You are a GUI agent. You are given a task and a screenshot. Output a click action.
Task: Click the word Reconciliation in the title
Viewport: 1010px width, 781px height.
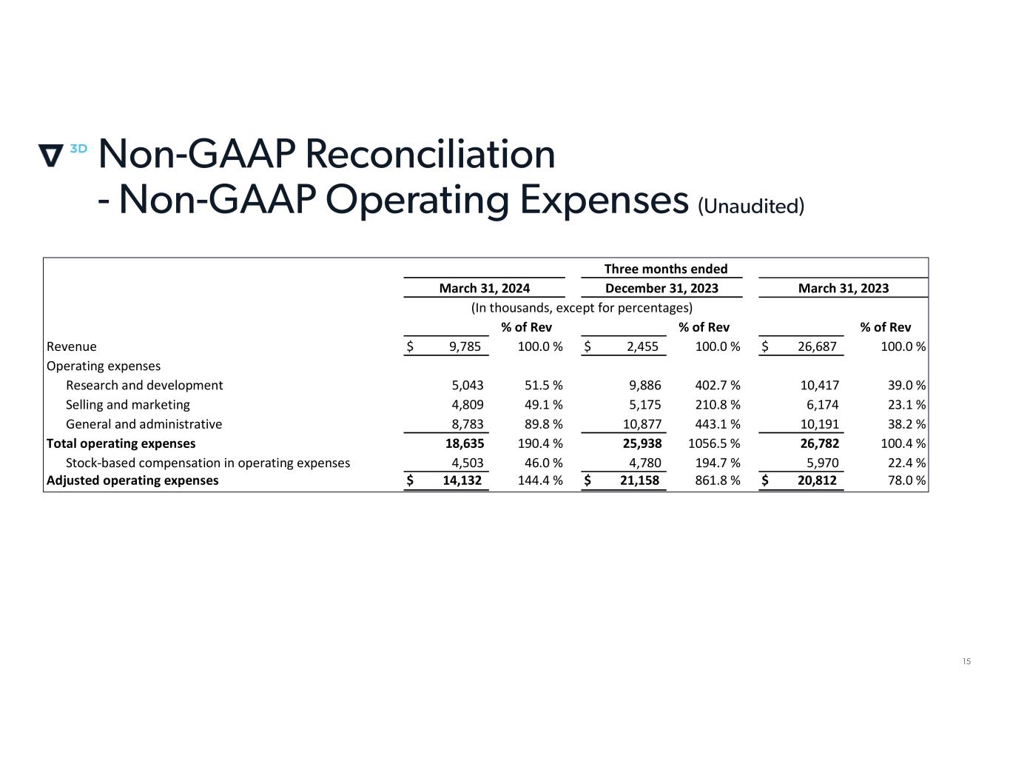tap(429, 154)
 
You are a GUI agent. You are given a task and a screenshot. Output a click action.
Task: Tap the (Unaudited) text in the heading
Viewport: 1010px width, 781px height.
tap(750, 206)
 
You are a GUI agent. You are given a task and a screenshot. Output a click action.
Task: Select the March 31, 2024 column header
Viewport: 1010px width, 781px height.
tap(484, 288)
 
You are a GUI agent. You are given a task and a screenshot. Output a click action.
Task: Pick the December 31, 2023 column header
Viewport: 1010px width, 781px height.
tap(661, 288)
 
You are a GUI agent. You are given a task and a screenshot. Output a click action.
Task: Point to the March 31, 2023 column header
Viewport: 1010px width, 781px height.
tap(843, 288)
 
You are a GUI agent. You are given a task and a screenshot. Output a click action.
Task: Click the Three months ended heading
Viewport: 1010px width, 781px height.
tap(665, 269)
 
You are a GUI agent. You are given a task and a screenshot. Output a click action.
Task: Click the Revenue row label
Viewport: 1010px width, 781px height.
tap(72, 346)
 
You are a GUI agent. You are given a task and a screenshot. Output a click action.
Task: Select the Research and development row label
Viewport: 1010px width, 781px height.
tap(144, 385)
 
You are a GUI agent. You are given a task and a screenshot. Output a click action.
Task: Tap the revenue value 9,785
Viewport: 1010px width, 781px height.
tap(465, 346)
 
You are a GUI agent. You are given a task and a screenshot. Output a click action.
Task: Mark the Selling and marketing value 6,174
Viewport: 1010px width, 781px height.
tap(822, 405)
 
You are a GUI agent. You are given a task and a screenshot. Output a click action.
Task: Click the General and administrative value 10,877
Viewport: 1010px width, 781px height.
tap(641, 424)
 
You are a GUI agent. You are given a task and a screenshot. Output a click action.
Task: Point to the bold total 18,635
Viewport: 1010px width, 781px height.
tap(463, 443)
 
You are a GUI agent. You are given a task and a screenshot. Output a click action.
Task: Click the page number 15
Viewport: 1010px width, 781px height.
tap(966, 661)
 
